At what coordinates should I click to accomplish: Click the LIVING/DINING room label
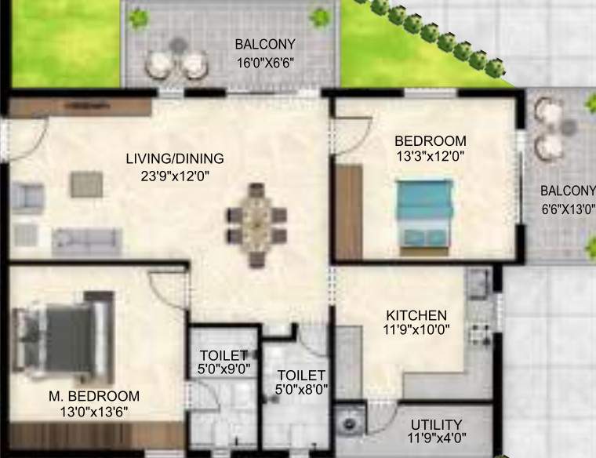click(x=174, y=158)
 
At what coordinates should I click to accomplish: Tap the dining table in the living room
click(x=256, y=224)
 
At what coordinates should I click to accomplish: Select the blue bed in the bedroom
click(x=424, y=213)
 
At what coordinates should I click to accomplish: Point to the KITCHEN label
click(x=416, y=314)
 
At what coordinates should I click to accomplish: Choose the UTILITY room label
click(x=436, y=425)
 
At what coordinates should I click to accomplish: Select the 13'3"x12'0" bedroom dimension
click(x=431, y=156)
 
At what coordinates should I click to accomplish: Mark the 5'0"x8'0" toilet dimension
click(x=301, y=389)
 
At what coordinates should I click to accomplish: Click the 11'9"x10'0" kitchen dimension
click(x=416, y=330)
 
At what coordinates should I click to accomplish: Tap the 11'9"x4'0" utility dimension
click(x=436, y=441)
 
